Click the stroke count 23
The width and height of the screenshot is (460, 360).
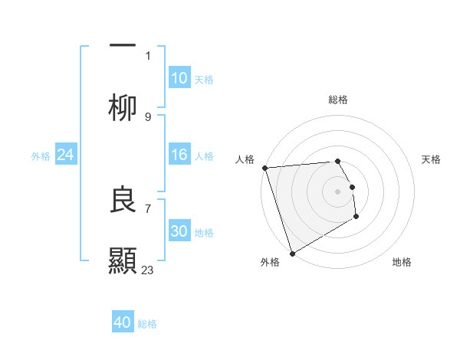[148, 270]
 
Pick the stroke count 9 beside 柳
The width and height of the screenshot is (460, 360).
[148, 116]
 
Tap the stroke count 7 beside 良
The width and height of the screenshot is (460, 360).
[148, 208]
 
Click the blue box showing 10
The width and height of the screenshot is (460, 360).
[179, 78]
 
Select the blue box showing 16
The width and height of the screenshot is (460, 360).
[179, 155]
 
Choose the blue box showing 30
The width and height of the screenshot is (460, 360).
[179, 231]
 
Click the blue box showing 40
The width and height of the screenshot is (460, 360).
[123, 323]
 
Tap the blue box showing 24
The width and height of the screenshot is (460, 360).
[66, 155]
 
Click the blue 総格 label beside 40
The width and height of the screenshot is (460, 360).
[148, 324]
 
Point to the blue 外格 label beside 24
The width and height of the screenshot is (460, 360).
[41, 155]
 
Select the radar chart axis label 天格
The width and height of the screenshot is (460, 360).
[432, 159]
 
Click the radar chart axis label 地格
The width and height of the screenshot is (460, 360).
[402, 262]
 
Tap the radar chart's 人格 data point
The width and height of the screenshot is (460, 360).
[264, 168]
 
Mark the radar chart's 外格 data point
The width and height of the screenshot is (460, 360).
[292, 254]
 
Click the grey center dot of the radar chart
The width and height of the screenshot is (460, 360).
[337, 191]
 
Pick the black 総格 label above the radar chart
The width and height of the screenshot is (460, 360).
[338, 100]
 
